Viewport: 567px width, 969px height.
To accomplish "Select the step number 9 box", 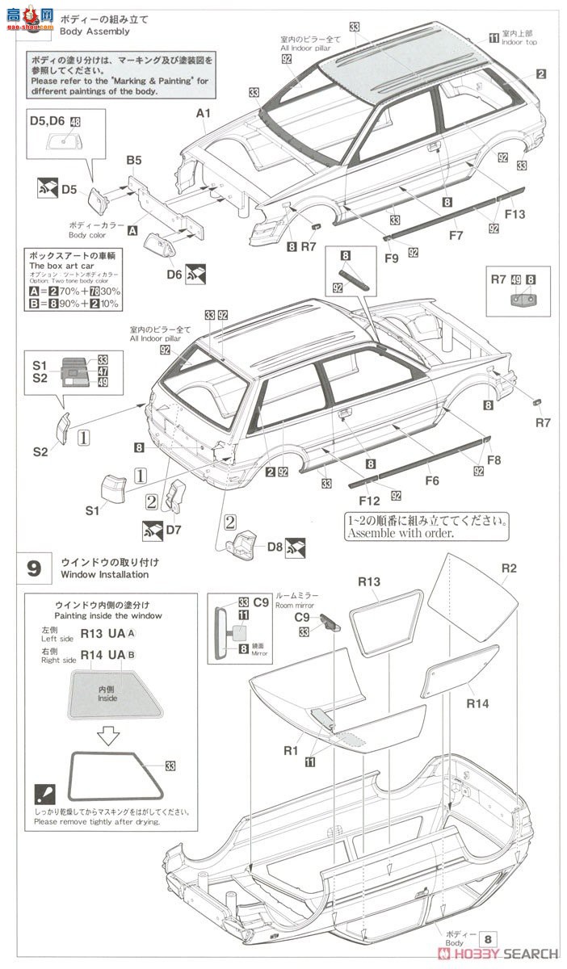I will (x=33, y=568).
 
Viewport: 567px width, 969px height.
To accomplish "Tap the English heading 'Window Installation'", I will (x=104, y=575).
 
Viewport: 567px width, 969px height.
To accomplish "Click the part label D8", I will (x=274, y=547).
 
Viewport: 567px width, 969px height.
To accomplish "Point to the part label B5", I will (x=133, y=161).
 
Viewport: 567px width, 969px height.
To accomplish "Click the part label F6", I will (x=431, y=480).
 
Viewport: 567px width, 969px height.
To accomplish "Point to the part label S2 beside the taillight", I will (x=40, y=451).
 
